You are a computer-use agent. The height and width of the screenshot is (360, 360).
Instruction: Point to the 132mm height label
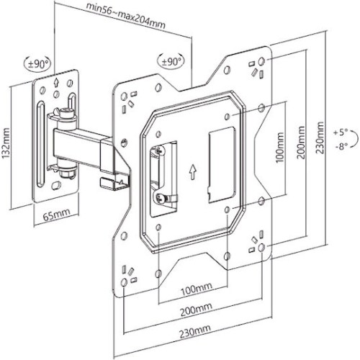click(x=6, y=142)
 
